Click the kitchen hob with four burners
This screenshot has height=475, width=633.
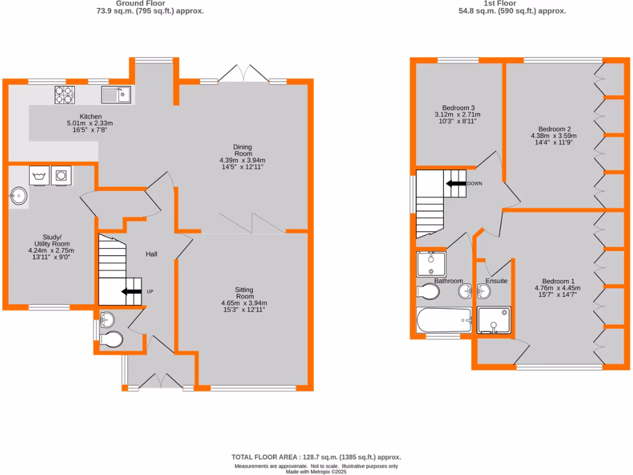(64, 95)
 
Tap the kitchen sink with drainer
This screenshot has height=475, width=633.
(117, 95)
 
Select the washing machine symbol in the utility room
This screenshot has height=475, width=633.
(40, 176)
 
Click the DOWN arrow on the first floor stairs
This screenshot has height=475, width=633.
(456, 184)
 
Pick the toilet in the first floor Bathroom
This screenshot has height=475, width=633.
(428, 291)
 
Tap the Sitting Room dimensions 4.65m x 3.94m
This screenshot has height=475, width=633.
(244, 303)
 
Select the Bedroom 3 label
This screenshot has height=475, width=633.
(458, 107)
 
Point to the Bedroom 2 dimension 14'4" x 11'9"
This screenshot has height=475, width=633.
(553, 143)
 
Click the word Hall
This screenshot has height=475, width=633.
(151, 254)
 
